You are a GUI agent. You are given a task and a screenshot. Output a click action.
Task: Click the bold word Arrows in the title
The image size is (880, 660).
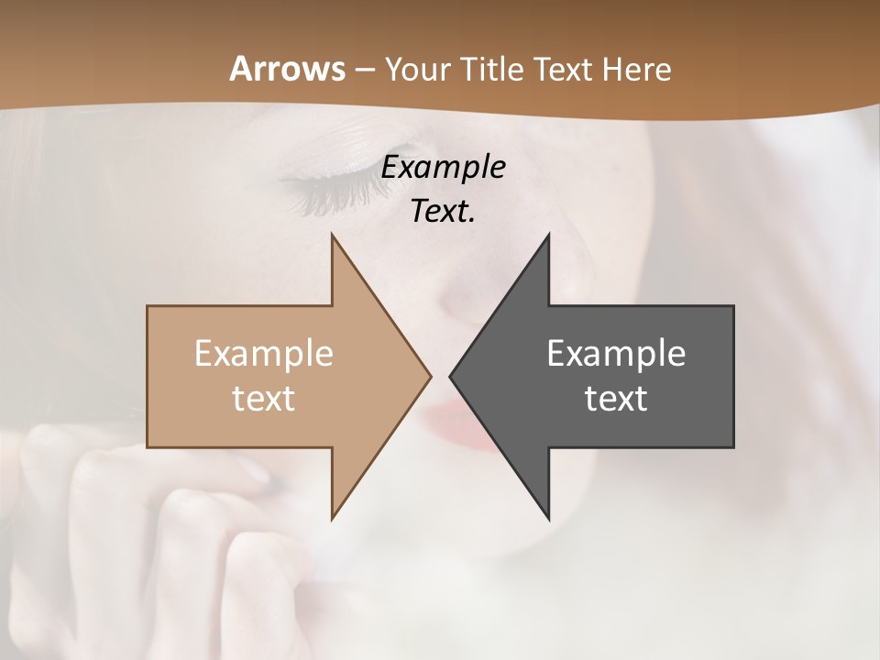point(286,69)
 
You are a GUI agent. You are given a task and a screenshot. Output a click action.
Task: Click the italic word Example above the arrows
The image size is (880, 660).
point(443,168)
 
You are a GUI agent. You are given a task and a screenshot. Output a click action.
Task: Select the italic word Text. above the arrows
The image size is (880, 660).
point(443,211)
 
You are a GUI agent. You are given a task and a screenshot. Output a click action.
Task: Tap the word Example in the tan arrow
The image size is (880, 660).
point(263,353)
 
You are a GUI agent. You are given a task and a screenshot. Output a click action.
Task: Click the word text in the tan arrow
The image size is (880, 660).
point(263,398)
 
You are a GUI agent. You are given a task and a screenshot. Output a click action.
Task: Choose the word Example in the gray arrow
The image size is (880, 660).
point(616,353)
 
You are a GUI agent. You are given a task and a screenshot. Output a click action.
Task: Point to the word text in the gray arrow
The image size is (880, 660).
point(616,398)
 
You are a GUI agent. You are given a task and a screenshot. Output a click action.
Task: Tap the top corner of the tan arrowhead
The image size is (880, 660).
point(333,236)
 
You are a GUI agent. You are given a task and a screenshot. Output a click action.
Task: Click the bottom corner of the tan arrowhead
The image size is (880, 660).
point(333,517)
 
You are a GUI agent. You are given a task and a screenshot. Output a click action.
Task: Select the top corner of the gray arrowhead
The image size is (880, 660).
point(548,236)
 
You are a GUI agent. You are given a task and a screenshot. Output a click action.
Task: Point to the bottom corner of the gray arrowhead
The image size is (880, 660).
point(548,517)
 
